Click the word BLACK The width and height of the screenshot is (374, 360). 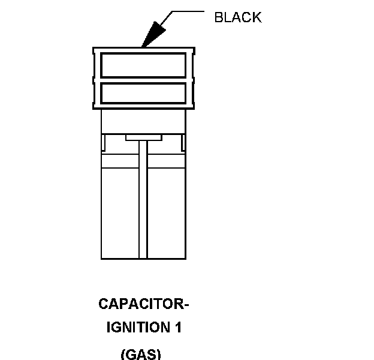[238, 17]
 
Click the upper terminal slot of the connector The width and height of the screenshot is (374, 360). [143, 65]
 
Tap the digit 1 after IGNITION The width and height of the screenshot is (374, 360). [178, 328]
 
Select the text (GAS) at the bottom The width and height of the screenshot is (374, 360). [141, 353]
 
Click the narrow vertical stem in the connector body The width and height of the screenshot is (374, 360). [143, 198]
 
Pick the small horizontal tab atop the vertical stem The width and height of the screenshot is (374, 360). [143, 138]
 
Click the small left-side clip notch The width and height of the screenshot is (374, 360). [104, 142]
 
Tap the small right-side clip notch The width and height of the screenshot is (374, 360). [182, 142]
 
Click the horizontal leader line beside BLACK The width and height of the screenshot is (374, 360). [189, 11]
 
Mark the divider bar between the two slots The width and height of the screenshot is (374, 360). [143, 79]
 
